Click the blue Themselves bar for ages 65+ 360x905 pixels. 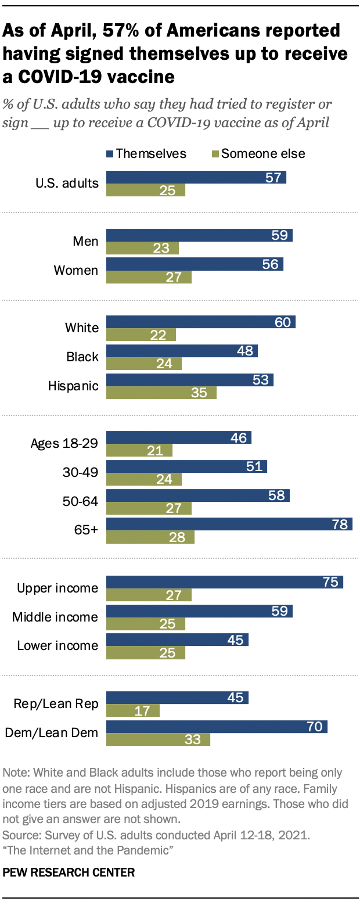click(229, 525)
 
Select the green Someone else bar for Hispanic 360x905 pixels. click(161, 393)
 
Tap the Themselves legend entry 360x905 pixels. click(146, 153)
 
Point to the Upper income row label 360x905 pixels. click(57, 588)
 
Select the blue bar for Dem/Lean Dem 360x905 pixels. click(217, 727)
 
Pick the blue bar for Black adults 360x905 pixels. click(182, 350)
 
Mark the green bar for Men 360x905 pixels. click(142, 249)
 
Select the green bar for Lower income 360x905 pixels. click(146, 653)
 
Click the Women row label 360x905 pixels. click(76, 270)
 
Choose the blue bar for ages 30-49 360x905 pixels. click(186, 466)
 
